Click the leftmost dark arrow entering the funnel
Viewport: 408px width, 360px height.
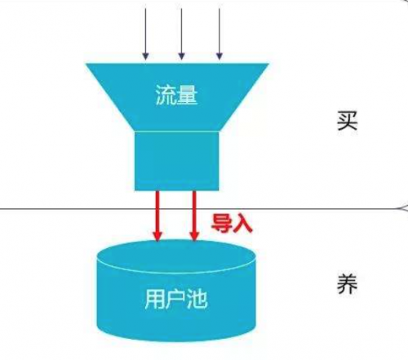click(145, 34)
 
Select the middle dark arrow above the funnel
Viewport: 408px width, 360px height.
click(181, 34)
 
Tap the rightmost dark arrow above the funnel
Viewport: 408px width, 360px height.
click(220, 34)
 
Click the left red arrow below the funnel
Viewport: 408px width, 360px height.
click(157, 216)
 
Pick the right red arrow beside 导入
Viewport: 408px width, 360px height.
click(194, 216)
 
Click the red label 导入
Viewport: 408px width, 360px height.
click(232, 223)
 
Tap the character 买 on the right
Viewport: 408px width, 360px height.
click(348, 121)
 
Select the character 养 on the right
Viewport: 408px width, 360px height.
click(348, 284)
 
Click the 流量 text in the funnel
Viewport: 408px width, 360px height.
click(176, 95)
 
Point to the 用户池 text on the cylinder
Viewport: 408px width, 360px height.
click(176, 299)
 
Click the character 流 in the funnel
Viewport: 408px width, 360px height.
click(166, 95)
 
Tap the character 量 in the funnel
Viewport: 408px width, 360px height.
click(188, 95)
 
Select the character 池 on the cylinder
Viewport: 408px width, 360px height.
click(197, 299)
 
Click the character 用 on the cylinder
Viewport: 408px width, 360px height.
click(154, 299)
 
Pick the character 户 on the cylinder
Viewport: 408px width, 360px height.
click(176, 299)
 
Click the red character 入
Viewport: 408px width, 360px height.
click(242, 224)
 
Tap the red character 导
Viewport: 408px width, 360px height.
click(221, 223)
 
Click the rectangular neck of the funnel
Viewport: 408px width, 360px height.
click(177, 161)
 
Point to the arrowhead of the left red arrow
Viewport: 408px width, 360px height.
click(157, 237)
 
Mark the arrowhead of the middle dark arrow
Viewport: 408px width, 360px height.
click(181, 56)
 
